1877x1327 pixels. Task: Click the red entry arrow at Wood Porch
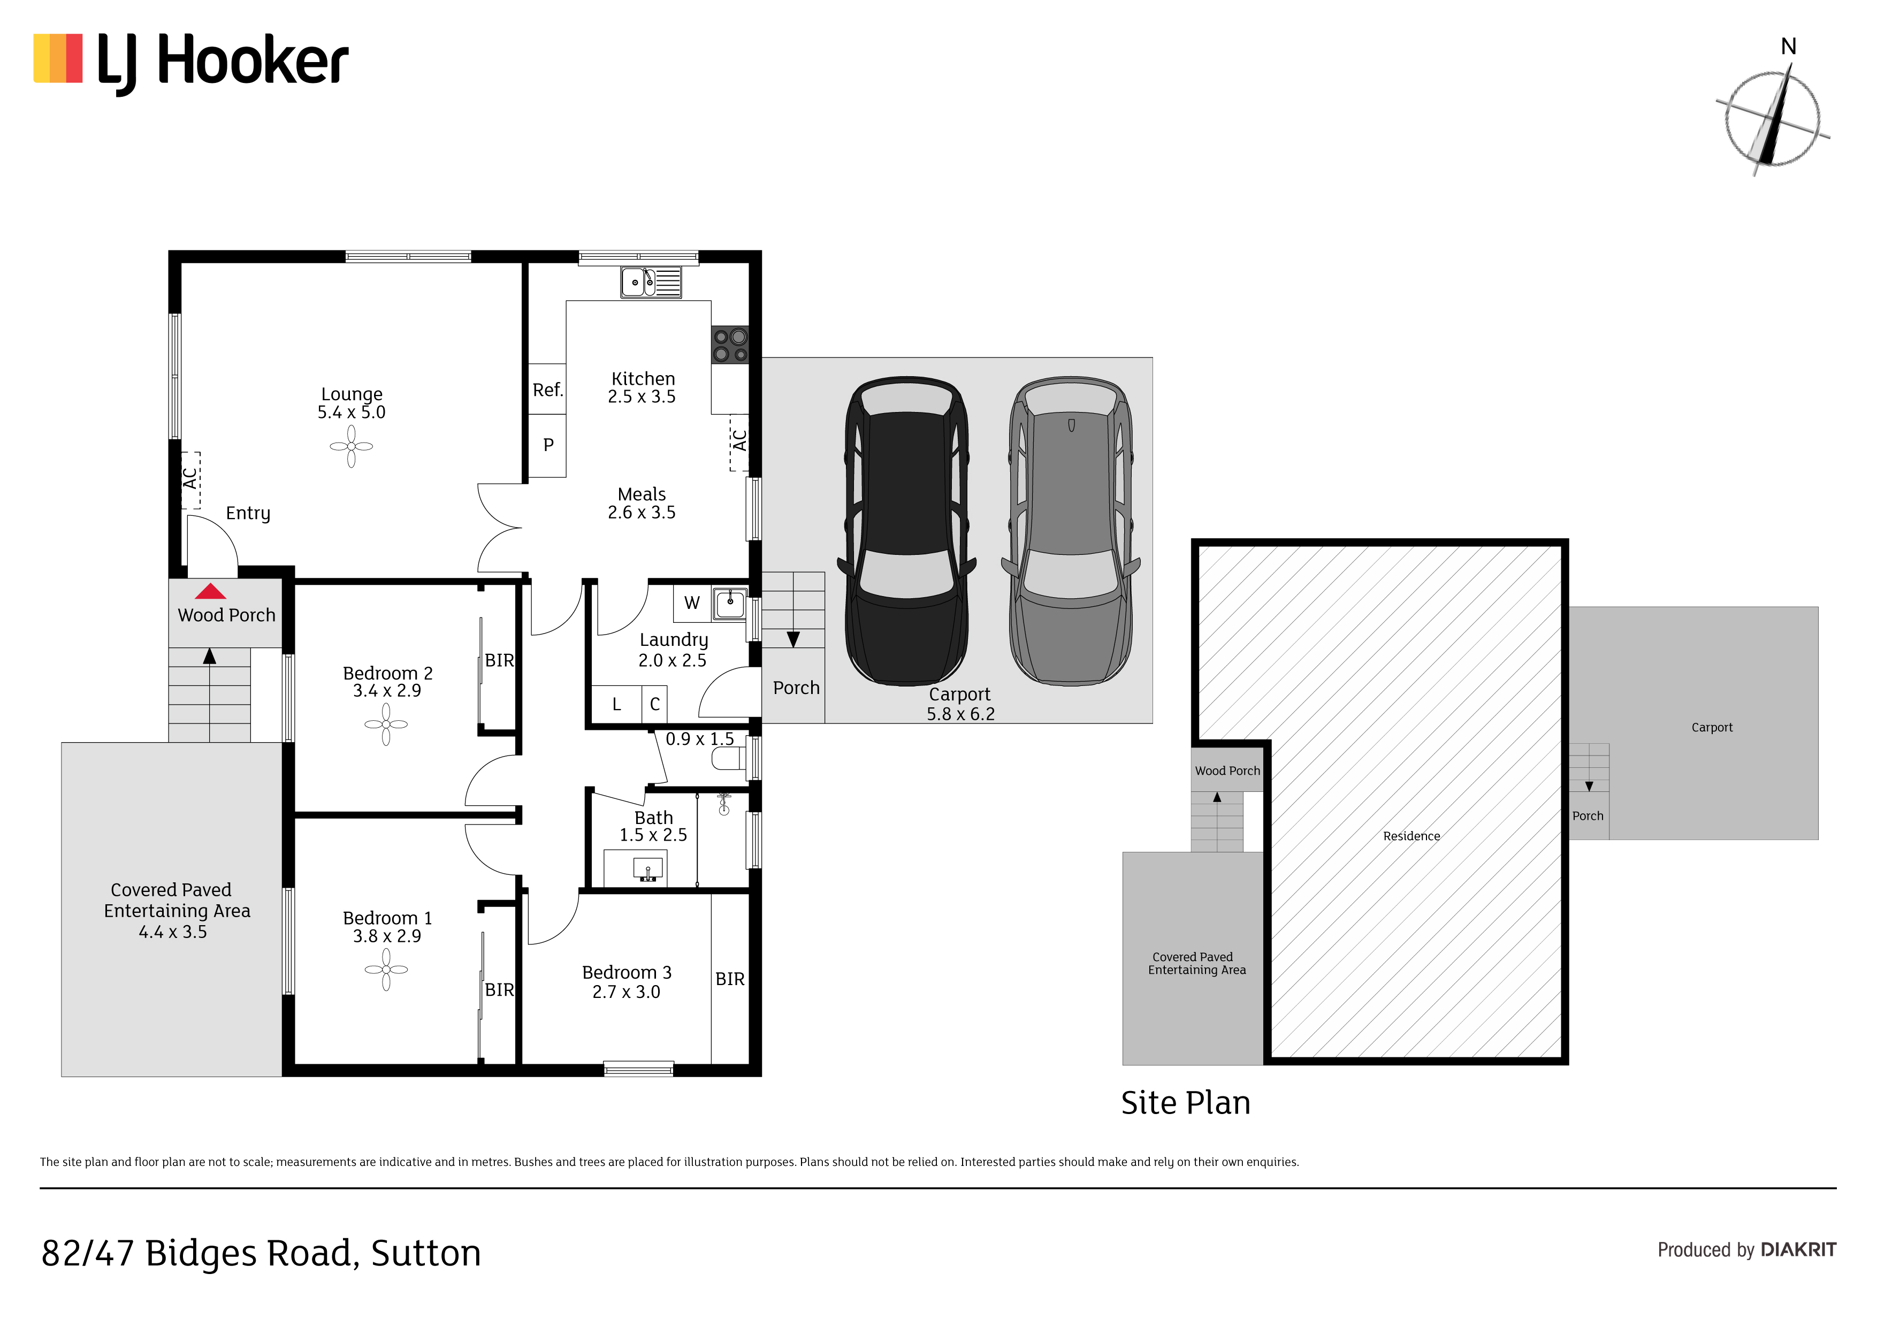pos(210,591)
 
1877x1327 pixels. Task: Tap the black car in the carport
pos(906,531)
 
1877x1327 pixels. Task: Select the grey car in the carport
pos(1071,531)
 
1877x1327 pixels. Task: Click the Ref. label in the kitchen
pos(548,390)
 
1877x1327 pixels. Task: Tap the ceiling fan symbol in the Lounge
pos(352,446)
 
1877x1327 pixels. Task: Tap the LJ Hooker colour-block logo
pos(58,58)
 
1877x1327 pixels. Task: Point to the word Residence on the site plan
pos(1411,836)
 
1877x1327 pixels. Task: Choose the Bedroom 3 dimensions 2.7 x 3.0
pos(626,992)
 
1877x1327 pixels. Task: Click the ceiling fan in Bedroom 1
pos(386,970)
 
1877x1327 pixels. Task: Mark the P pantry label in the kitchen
pos(548,445)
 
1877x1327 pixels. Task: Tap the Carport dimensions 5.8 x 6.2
pos(960,714)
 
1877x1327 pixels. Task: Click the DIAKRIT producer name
pos(1798,1250)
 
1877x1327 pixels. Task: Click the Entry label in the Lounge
pos(248,514)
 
